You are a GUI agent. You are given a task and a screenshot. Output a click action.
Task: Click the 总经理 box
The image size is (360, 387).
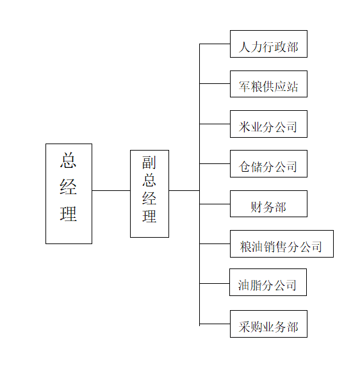tap(69, 193)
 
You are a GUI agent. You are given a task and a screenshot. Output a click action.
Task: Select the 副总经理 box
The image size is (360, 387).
tap(149, 193)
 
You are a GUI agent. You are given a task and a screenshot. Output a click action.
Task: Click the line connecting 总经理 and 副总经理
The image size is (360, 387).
tap(111, 190)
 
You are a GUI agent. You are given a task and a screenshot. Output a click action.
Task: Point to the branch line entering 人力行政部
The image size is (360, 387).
tap(215, 44)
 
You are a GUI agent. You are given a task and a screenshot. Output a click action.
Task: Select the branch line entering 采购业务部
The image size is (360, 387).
tap(215, 324)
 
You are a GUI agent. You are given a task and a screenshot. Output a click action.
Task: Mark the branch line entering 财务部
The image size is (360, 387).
tap(215, 204)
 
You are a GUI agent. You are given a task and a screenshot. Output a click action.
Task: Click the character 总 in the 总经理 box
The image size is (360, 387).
tap(69, 160)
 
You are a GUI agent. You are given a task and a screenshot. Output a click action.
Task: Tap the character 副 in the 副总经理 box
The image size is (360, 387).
tap(149, 163)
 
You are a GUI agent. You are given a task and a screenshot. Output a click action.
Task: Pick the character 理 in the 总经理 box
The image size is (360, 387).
tap(69, 214)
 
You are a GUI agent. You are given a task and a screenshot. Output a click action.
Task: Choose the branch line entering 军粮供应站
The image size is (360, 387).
tap(215, 83)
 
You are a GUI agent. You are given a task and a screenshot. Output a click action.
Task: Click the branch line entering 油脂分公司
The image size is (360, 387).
tap(215, 283)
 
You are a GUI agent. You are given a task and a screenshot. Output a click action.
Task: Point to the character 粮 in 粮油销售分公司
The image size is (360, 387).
tap(246, 247)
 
